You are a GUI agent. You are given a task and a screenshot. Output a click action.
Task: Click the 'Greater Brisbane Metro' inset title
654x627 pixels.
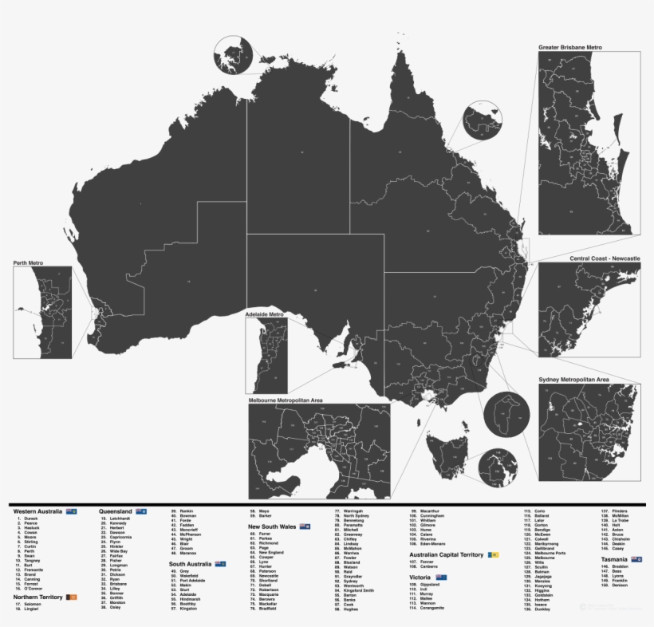pos(569,48)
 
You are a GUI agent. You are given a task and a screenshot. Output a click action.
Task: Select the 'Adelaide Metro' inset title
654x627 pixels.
pos(265,314)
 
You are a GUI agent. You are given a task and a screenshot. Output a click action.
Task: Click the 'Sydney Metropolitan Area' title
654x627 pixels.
pos(573,379)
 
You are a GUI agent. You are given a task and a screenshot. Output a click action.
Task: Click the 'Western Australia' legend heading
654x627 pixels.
pos(38,511)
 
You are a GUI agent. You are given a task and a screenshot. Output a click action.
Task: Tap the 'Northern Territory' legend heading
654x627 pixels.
pos(38,596)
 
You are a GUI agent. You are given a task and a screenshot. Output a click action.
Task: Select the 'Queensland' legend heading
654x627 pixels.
pos(116,511)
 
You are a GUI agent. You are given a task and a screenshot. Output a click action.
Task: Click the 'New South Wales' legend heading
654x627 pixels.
pos(273,526)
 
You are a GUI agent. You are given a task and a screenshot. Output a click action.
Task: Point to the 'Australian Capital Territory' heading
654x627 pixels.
pos(447,554)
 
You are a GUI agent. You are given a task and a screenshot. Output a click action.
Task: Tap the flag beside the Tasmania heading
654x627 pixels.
pos(636,559)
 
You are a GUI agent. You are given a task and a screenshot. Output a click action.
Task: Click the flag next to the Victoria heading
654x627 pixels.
pos(441,576)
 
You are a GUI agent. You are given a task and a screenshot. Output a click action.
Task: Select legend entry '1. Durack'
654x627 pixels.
pos(30,519)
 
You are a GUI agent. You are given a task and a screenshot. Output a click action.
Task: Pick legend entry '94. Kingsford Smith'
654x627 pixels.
pos(358,590)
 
